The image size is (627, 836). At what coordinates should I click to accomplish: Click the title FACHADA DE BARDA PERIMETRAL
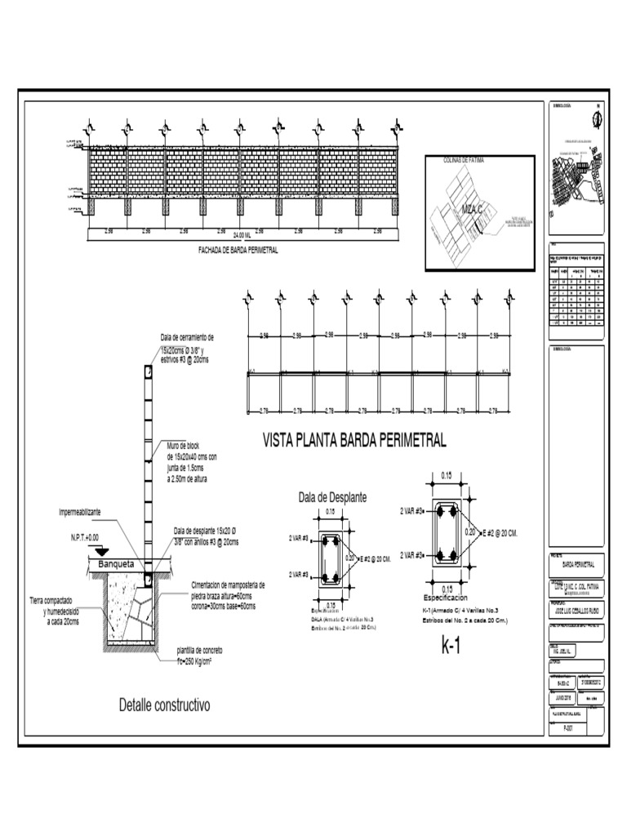[x=238, y=251]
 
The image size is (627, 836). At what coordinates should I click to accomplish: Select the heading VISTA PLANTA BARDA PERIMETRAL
[x=354, y=441]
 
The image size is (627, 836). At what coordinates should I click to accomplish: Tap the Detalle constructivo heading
[x=165, y=704]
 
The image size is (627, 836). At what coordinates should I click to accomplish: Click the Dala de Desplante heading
[x=332, y=496]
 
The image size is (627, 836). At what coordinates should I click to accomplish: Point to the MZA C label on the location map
[x=473, y=210]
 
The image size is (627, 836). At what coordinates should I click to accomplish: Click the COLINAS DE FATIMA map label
[x=464, y=161]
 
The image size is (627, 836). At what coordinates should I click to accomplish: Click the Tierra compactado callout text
[x=56, y=611]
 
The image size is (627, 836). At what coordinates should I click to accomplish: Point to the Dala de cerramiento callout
[x=187, y=348]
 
